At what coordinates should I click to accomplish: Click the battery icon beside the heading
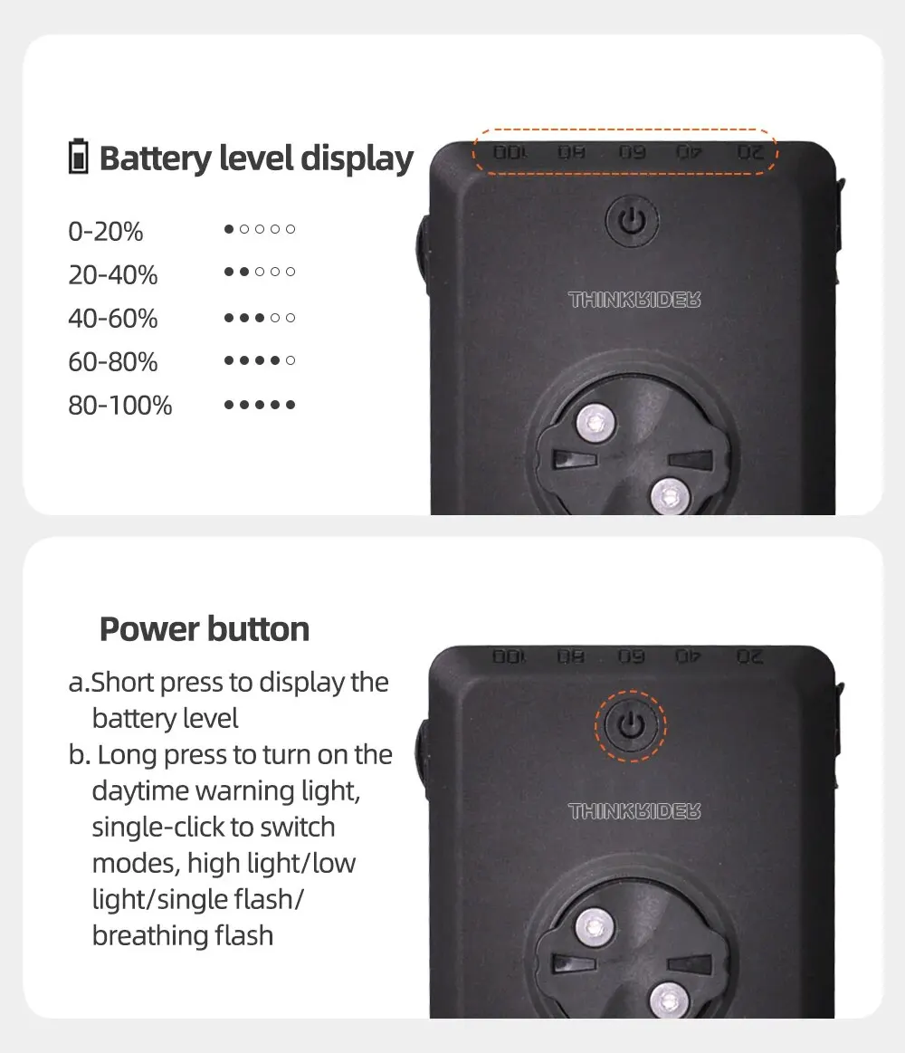tap(79, 157)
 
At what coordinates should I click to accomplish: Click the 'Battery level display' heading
tap(256, 159)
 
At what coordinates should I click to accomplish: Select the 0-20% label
tap(105, 232)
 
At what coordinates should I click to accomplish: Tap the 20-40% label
tap(113, 274)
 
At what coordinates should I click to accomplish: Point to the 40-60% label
tap(113, 319)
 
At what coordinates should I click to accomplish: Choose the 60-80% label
tap(113, 362)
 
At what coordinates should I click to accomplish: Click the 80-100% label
tap(120, 406)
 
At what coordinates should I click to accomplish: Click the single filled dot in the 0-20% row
tap(229, 229)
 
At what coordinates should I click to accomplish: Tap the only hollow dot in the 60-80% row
tap(290, 360)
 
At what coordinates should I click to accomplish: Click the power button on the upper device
tap(631, 220)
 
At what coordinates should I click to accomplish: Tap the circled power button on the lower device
tap(631, 725)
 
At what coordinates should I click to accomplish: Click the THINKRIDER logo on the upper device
tap(634, 300)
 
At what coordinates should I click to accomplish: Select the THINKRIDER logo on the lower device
tap(634, 811)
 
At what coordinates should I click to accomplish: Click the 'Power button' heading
tap(205, 629)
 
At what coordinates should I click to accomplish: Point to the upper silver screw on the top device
tap(595, 424)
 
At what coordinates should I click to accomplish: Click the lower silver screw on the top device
tap(670, 497)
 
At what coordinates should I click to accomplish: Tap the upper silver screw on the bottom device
tap(594, 928)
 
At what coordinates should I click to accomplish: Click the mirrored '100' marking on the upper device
tap(511, 152)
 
